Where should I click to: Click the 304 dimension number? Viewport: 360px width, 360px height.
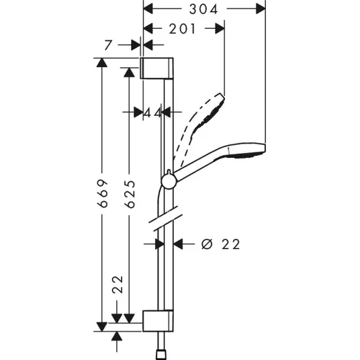[204, 9]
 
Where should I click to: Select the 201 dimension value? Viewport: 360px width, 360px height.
[182, 29]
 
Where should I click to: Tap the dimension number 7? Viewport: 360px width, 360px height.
[108, 45]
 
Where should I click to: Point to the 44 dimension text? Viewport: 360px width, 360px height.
[152, 113]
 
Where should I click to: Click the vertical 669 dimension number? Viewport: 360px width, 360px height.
[102, 193]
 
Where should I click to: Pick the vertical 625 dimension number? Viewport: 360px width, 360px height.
[130, 194]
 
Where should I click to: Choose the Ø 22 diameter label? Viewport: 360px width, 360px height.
[221, 244]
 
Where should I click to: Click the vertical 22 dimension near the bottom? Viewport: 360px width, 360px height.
[118, 285]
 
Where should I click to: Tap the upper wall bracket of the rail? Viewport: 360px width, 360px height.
[156, 68]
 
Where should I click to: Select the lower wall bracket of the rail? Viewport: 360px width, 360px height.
[158, 321]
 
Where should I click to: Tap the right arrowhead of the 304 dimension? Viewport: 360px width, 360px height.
[261, 9]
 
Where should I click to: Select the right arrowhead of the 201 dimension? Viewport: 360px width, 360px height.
[220, 28]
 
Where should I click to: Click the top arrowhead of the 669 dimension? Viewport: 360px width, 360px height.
[101, 62]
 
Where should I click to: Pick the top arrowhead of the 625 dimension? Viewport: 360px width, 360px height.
[129, 73]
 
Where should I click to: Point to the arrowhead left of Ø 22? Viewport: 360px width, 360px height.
[160, 244]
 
